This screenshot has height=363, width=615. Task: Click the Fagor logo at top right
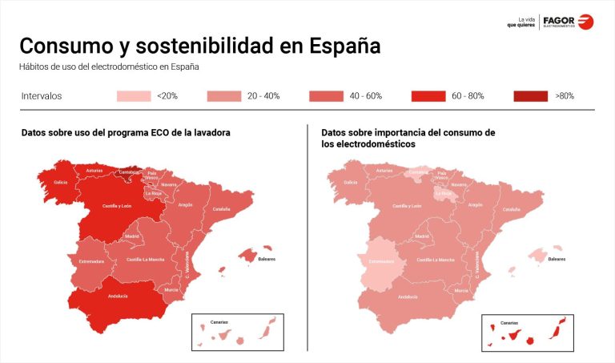click(568, 22)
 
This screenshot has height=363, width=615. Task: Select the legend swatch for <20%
click(133, 96)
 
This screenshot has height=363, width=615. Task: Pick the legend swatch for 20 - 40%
click(223, 96)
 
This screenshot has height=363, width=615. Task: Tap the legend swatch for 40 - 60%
click(325, 96)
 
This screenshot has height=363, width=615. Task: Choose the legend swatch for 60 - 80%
click(428, 96)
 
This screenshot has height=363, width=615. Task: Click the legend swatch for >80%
click(530, 96)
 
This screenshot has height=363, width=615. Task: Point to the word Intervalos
click(41, 96)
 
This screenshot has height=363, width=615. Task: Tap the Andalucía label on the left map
click(117, 296)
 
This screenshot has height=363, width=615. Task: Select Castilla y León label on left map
click(116, 206)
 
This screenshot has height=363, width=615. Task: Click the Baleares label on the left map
click(267, 259)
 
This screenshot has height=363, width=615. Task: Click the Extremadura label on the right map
click(382, 261)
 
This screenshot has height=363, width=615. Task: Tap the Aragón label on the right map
click(475, 204)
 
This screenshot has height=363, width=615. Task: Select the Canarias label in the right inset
click(509, 322)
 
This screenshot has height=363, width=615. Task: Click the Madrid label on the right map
click(422, 236)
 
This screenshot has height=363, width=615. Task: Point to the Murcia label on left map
click(171, 289)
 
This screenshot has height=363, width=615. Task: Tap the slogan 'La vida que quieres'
click(521, 22)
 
